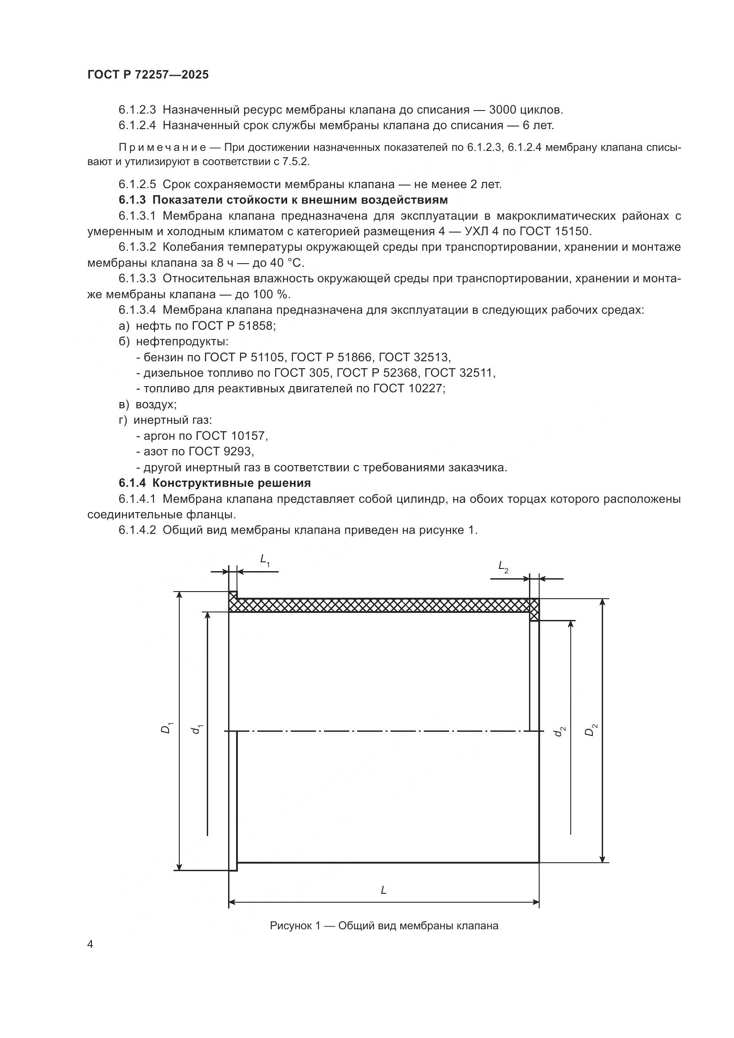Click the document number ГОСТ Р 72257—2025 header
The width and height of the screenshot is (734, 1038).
click(x=148, y=75)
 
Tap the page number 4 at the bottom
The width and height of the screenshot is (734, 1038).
click(x=91, y=944)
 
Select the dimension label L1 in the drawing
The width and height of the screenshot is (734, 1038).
click(x=265, y=560)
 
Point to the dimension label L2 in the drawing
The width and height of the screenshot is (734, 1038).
click(x=503, y=566)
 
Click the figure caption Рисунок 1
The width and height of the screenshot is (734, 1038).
click(x=384, y=925)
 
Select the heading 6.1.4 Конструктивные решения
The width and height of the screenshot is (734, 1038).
click(x=215, y=483)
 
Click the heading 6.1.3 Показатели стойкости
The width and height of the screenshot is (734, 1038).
click(x=283, y=200)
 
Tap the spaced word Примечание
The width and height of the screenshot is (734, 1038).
click(x=163, y=147)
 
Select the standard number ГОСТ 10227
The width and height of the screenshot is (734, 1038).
click(x=408, y=388)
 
